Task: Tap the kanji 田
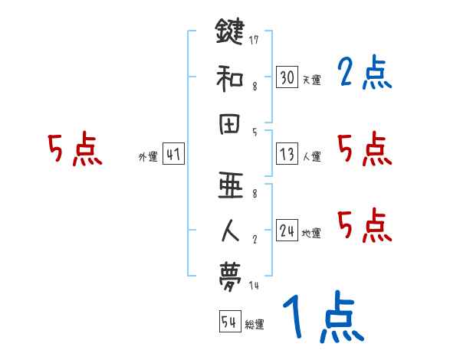click(x=230, y=125)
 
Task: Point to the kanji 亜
click(x=230, y=185)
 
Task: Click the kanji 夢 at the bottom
click(x=230, y=274)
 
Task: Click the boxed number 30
click(x=287, y=77)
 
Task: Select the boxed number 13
click(x=287, y=155)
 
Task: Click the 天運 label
click(x=311, y=80)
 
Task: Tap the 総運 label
click(x=255, y=325)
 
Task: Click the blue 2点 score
click(x=363, y=74)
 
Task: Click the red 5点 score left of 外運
click(x=74, y=150)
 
